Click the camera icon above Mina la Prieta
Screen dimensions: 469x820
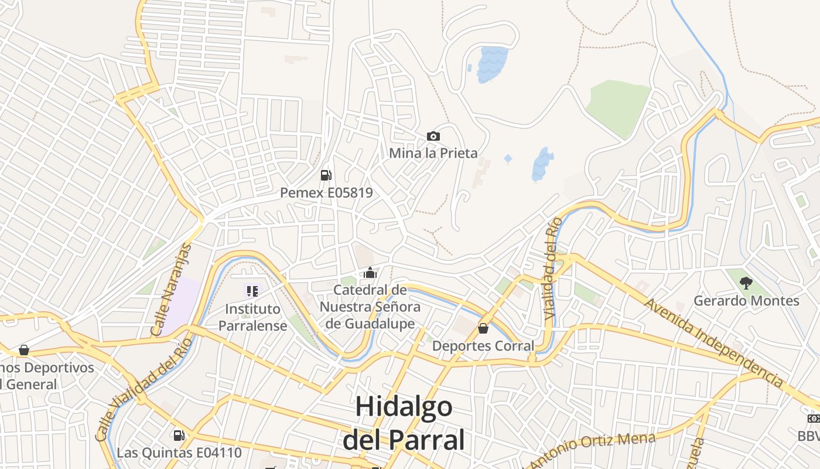(433, 137)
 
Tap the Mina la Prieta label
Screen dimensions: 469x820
(433, 153)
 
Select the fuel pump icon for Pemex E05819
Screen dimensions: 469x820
(326, 175)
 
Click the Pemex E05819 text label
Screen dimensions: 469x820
(326, 192)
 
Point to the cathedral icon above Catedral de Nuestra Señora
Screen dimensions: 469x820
(370, 273)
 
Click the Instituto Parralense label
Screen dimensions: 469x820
(253, 317)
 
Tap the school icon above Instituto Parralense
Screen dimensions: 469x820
(252, 291)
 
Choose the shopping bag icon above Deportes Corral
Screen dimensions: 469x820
(483, 328)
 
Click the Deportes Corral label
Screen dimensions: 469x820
(483, 346)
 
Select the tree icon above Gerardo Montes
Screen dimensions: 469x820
(746, 284)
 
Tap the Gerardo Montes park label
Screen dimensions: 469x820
(746, 301)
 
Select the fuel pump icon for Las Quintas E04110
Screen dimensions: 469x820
(179, 435)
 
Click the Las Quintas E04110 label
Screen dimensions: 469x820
(179, 453)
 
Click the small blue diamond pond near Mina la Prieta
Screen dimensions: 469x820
(508, 159)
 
